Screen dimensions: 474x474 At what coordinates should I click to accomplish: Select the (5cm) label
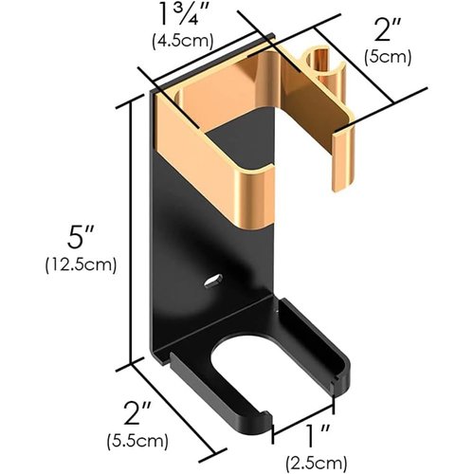tap(389, 56)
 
